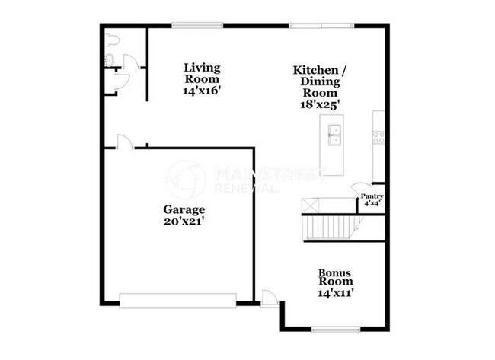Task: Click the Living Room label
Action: point(201,73)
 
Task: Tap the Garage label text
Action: point(184,209)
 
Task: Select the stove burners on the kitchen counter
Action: point(377,137)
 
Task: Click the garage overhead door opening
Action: point(178,301)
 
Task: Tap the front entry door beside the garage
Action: point(269,298)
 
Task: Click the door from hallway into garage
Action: point(125,142)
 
